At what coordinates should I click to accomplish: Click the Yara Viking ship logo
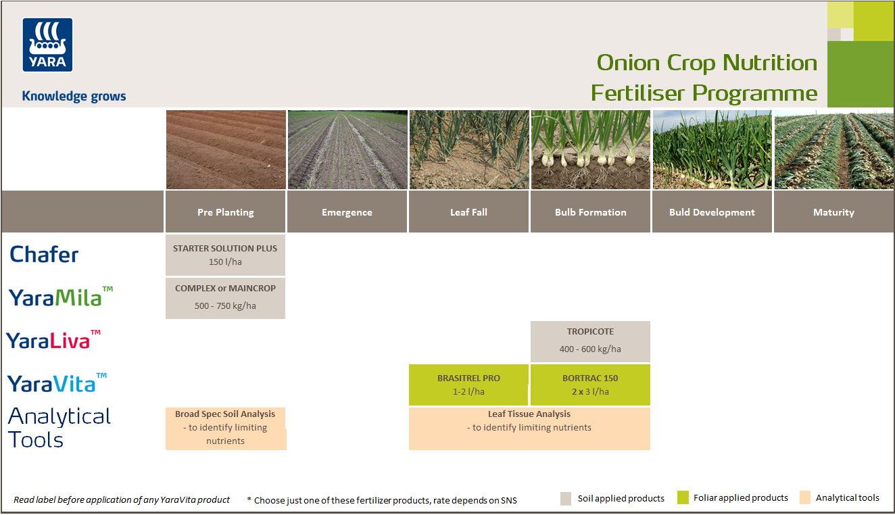(47, 45)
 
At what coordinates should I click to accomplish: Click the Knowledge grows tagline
(74, 96)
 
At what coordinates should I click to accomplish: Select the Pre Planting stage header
(225, 212)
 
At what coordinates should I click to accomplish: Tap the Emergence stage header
(347, 212)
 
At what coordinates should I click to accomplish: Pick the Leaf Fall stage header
(468, 212)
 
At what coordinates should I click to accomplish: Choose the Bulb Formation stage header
(590, 212)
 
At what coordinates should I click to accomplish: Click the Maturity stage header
(833, 212)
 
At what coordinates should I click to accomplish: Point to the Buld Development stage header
(712, 212)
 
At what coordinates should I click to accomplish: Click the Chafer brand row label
(44, 255)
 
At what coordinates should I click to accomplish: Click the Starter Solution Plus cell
(225, 255)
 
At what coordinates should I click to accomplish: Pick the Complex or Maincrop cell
(225, 297)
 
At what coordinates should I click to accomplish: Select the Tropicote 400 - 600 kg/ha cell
(590, 341)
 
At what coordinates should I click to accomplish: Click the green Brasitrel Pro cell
(468, 385)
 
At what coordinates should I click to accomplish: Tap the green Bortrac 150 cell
(590, 385)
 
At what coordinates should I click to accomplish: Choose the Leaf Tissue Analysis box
(529, 428)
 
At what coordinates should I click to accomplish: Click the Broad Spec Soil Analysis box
(225, 428)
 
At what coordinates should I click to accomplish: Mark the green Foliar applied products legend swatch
(683, 498)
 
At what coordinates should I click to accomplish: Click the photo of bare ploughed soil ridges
(225, 150)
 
